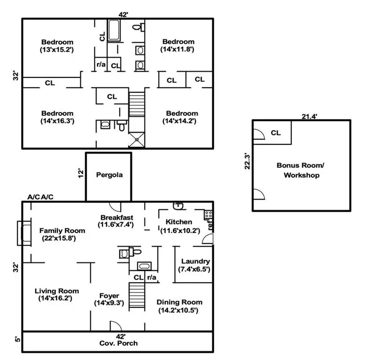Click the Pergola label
click(x=109, y=175)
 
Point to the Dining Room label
click(x=179, y=302)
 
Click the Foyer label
click(x=109, y=296)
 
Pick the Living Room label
click(x=57, y=291)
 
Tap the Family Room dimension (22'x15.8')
click(x=62, y=238)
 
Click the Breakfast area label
click(x=117, y=217)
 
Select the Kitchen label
click(x=179, y=222)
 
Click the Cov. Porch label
click(x=119, y=343)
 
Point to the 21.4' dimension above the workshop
click(x=308, y=116)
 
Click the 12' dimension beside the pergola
click(x=80, y=173)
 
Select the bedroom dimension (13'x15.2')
click(x=57, y=49)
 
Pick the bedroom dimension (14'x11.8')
click(x=178, y=49)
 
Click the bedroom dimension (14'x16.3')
click(x=57, y=120)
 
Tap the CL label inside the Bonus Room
click(x=275, y=133)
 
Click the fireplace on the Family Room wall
click(x=23, y=233)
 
